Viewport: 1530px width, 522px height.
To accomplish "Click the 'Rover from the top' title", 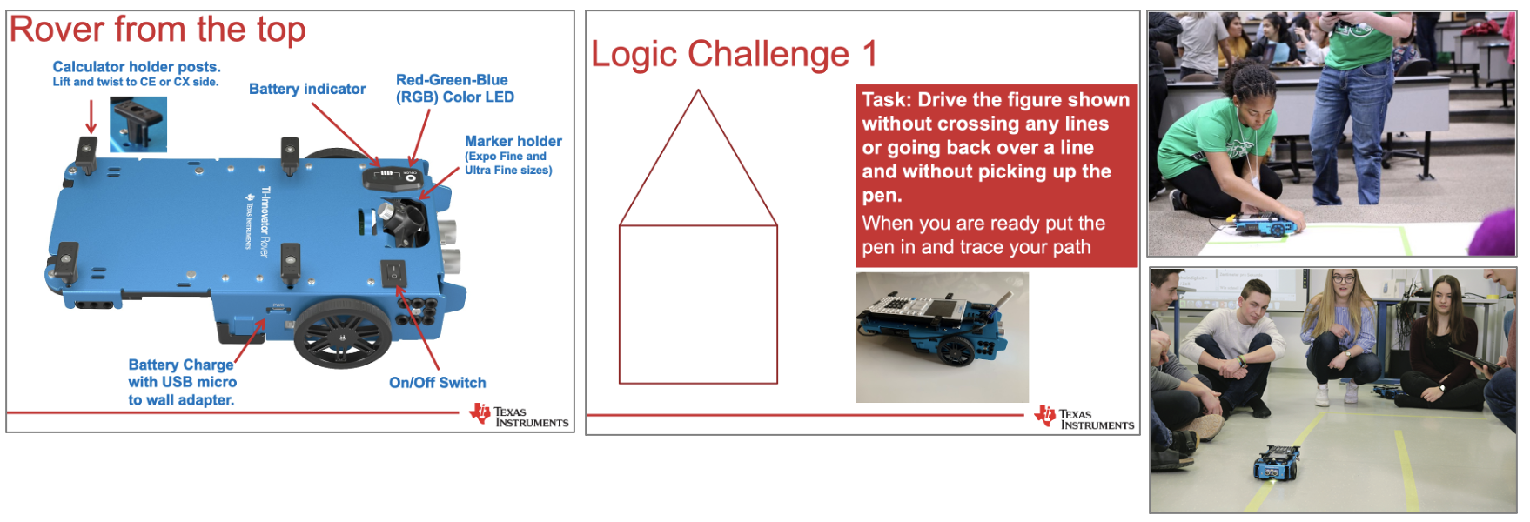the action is click(x=158, y=30).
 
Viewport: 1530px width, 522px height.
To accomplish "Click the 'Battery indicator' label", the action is click(x=307, y=89).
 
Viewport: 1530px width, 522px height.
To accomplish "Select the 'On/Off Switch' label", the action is click(x=438, y=383).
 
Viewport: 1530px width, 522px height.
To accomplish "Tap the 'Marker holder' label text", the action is click(x=513, y=141).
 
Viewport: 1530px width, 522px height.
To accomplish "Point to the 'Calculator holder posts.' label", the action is click(x=137, y=67).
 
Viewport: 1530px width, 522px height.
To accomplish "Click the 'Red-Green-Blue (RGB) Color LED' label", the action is click(x=455, y=89).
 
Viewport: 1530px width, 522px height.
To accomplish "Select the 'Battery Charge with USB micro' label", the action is click(x=183, y=373).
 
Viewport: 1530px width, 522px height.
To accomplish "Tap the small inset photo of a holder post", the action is click(x=138, y=124).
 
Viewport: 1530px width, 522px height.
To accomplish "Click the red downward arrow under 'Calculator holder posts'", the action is click(x=91, y=117).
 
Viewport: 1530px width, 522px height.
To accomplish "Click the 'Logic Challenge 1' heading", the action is click(x=734, y=54).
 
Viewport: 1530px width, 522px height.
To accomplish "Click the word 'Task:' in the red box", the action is click(x=887, y=100).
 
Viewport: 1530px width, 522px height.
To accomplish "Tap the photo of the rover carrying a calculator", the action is click(x=942, y=338).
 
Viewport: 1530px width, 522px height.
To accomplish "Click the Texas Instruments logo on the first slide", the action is click(x=519, y=416).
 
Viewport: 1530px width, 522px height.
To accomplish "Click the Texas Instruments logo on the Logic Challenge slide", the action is click(x=1084, y=418).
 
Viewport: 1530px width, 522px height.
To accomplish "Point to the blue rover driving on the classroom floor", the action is click(x=1277, y=463).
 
